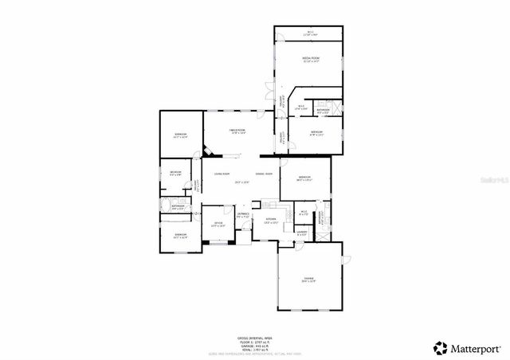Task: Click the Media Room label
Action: [x=310, y=58]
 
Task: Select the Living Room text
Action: [x=221, y=174]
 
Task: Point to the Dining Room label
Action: [x=264, y=174]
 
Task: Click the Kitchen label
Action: [x=270, y=220]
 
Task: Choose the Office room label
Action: [x=218, y=225]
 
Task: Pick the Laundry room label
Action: [x=302, y=233]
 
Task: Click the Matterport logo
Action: [x=466, y=347]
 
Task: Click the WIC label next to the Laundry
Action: [x=303, y=213]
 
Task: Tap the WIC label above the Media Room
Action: [x=310, y=33]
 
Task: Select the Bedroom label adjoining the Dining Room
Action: [x=303, y=178]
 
